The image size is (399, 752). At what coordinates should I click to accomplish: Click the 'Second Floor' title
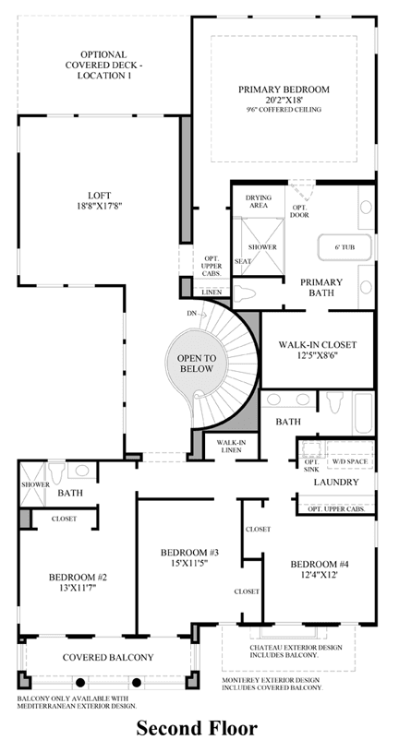(197, 727)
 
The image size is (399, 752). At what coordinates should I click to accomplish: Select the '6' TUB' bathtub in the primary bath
(344, 247)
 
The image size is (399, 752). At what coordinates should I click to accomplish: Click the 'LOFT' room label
(100, 196)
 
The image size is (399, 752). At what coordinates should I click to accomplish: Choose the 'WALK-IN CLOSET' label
(318, 344)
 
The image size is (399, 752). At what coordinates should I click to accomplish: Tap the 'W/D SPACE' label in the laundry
(349, 462)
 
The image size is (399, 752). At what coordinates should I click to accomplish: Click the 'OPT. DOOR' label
(299, 210)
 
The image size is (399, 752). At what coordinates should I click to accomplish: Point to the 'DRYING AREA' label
(259, 201)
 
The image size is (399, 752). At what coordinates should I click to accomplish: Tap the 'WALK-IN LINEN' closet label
(228, 446)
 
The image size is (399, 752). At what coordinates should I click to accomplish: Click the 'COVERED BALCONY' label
(108, 657)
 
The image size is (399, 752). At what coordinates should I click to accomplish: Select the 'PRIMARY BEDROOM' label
(284, 90)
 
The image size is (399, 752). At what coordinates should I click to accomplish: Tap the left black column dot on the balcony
(80, 682)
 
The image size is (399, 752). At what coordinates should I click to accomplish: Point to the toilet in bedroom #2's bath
(56, 472)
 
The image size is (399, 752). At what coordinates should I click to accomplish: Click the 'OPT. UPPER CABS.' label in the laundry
(336, 508)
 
